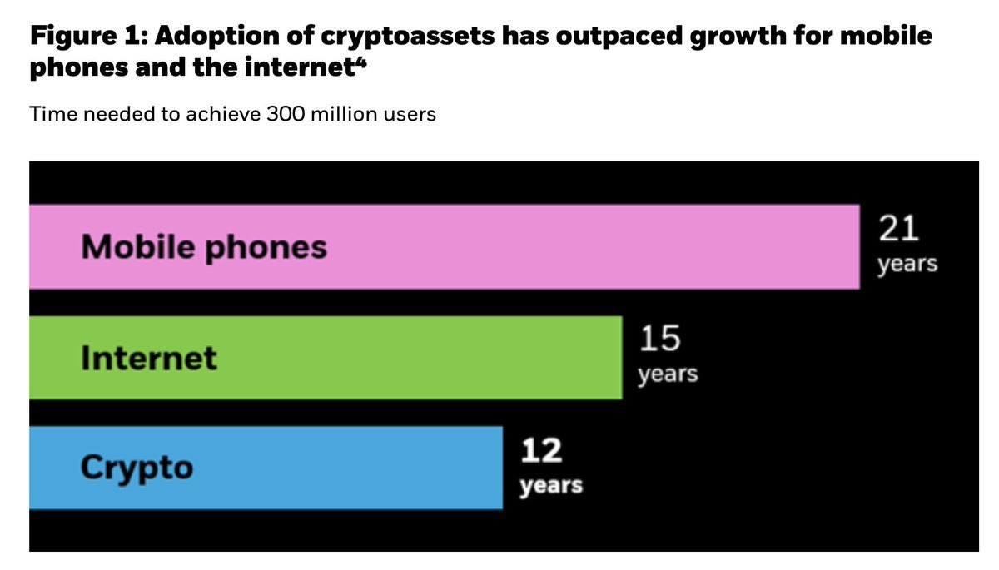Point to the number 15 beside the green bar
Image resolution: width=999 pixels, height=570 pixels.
click(x=659, y=340)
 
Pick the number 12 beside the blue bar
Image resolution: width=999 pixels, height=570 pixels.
click(x=541, y=451)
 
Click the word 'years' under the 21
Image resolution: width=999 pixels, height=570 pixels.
click(x=907, y=265)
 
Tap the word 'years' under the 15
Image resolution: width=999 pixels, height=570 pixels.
click(x=668, y=374)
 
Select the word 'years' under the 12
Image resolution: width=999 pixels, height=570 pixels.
click(x=550, y=485)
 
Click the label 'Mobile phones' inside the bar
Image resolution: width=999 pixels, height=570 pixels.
click(x=204, y=248)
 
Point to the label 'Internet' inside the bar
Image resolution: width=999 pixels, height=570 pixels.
click(x=148, y=359)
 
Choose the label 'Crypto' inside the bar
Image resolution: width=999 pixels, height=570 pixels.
click(x=137, y=468)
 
